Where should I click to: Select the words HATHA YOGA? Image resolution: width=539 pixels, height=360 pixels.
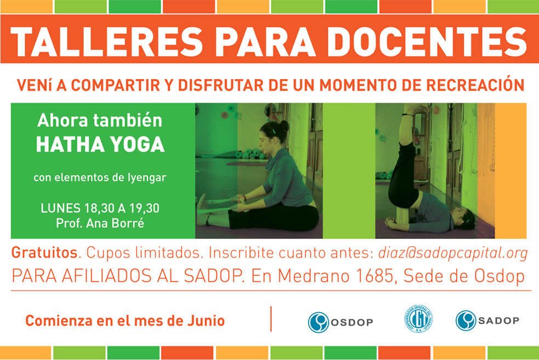pyautogui.click(x=100, y=144)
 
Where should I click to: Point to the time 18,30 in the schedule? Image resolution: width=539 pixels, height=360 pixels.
pyautogui.click(x=99, y=209)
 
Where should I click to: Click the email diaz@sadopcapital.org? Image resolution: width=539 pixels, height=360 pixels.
pyautogui.click(x=453, y=252)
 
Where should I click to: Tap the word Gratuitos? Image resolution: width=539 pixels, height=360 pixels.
pyautogui.click(x=44, y=252)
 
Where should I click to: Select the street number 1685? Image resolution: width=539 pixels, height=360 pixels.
pyautogui.click(x=375, y=275)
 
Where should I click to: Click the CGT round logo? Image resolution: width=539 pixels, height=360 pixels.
pyautogui.click(x=418, y=319)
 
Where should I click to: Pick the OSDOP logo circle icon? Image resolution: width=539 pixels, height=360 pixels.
pyautogui.click(x=319, y=322)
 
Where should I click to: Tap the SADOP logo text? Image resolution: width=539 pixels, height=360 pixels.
pyautogui.click(x=498, y=321)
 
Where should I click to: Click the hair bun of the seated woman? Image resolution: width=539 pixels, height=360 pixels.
pyautogui.click(x=285, y=126)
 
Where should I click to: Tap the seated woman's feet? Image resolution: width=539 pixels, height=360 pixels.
pyautogui.click(x=203, y=210)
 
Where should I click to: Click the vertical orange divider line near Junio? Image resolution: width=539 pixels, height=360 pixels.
pyautogui.click(x=271, y=319)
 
